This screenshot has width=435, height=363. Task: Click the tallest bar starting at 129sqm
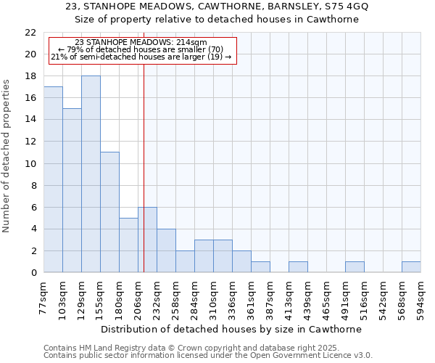(91, 174)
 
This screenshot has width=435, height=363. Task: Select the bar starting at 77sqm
(53, 179)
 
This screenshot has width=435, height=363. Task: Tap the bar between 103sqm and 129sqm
(72, 190)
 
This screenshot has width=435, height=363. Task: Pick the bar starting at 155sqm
(109, 212)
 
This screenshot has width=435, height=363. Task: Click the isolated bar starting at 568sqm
(411, 267)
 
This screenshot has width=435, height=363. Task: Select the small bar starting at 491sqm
(355, 267)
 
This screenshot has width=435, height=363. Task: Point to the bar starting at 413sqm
(298, 267)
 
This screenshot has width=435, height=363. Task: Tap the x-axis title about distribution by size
(231, 329)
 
